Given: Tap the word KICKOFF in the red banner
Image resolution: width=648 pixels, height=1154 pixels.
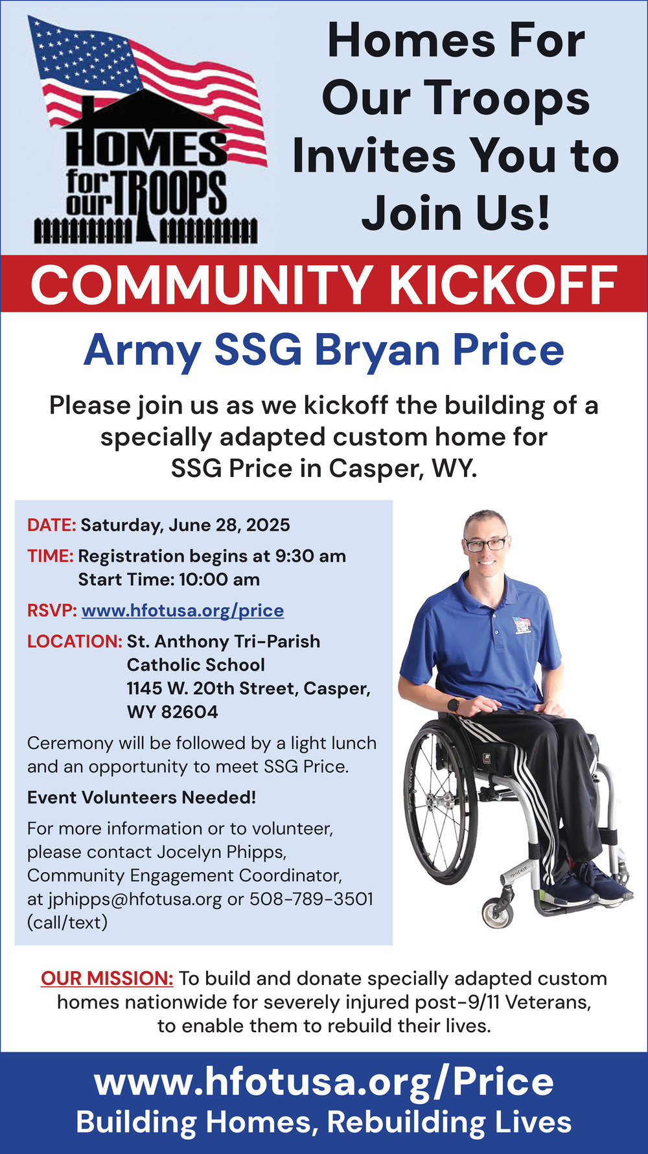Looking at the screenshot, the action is coord(503,285).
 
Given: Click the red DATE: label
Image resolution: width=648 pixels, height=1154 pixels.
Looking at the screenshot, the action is coord(52,525).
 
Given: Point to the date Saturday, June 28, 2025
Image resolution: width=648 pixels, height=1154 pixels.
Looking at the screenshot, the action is coord(185,525).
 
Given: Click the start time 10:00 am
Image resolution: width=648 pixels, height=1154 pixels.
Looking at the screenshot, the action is coord(219,579).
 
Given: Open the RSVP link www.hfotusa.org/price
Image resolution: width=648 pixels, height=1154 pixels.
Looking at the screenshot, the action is coord(183,611).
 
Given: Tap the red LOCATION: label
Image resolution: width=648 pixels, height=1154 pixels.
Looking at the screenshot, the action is coord(75,641).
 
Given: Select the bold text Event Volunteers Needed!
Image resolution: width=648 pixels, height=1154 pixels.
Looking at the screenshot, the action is coord(142,798).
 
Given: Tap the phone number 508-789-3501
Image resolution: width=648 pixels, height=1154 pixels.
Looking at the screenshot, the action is coord(311,899).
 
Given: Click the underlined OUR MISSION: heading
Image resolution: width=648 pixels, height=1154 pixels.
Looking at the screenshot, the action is coord(107,978).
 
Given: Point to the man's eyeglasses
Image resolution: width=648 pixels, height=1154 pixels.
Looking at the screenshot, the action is coord(485,544).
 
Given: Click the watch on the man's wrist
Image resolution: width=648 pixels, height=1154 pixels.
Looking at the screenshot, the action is coord(453,705).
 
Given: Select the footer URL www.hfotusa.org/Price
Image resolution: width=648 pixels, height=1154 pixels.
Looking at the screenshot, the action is coord(324,1082).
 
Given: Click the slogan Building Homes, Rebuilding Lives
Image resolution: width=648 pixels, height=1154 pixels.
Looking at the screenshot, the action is coord(324,1122).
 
